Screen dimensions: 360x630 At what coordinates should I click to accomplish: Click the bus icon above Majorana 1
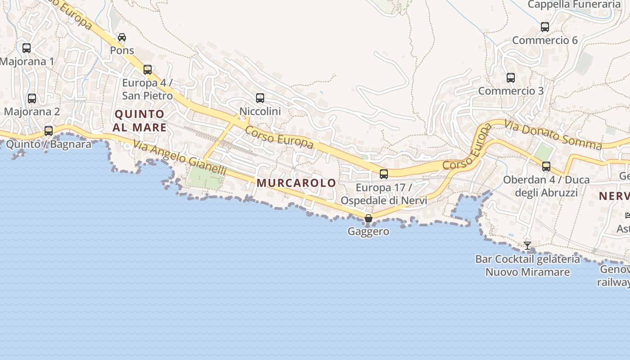[27, 48]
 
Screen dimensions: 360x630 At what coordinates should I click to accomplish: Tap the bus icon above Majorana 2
[32, 98]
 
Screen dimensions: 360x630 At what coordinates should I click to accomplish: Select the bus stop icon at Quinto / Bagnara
[49, 131]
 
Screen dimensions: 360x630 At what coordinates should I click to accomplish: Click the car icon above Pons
[122, 37]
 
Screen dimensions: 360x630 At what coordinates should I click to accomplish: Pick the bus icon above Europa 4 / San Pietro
[148, 70]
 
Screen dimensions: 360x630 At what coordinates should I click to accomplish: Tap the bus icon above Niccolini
[260, 98]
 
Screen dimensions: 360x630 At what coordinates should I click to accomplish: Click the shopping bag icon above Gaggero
[369, 218]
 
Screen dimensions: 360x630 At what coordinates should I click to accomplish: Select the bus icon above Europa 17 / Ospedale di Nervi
[384, 174]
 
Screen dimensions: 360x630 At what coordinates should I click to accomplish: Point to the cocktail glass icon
[527, 246]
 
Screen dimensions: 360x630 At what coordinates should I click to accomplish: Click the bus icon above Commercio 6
[545, 27]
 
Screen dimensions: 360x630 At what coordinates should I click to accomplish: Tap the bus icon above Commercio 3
[511, 78]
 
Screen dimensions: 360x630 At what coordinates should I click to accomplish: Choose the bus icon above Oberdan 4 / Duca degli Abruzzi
[546, 166]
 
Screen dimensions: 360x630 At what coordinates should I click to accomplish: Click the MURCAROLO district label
[297, 183]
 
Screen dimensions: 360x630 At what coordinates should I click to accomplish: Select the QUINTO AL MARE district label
[139, 121]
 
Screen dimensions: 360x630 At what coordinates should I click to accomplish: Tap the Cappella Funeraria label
[574, 4]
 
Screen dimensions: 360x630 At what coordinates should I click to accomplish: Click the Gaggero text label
[368, 232]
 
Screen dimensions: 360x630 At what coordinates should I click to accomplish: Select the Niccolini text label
[260, 111]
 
